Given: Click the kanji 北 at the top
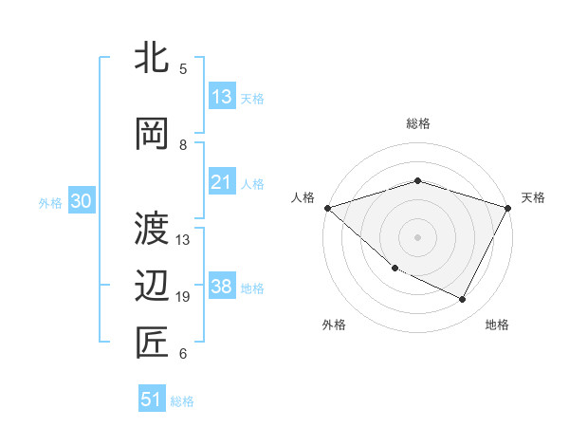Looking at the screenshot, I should [153, 58].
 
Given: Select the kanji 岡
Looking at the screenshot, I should [153, 133].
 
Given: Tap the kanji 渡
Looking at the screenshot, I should [153, 227].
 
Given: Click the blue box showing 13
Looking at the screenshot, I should [222, 97].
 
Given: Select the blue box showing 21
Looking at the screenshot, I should [222, 182].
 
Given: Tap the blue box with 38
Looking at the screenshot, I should [222, 287].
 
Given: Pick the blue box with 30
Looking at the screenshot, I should [81, 201].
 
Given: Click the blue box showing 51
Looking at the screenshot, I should [152, 400].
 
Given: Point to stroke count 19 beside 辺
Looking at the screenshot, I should [184, 297].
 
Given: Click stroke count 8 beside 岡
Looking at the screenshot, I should [183, 144].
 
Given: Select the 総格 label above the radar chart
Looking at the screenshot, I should [417, 123].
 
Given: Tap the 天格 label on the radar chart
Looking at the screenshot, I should [533, 197].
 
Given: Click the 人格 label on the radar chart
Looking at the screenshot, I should [303, 197].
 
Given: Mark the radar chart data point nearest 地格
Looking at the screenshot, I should [463, 300].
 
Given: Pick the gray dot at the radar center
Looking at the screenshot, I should [417, 236].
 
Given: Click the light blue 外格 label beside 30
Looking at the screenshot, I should [50, 202].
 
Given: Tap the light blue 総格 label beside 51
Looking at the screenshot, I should [182, 401].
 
